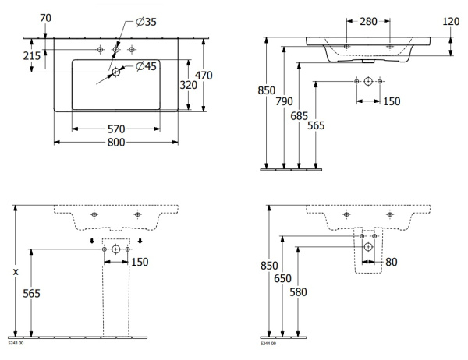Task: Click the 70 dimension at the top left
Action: click(44, 17)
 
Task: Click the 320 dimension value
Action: click(187, 85)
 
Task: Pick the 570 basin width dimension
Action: click(115, 129)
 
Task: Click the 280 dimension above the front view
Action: click(368, 23)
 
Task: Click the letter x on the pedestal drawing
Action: click(16, 271)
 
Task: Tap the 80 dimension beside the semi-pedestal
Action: click(392, 262)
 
